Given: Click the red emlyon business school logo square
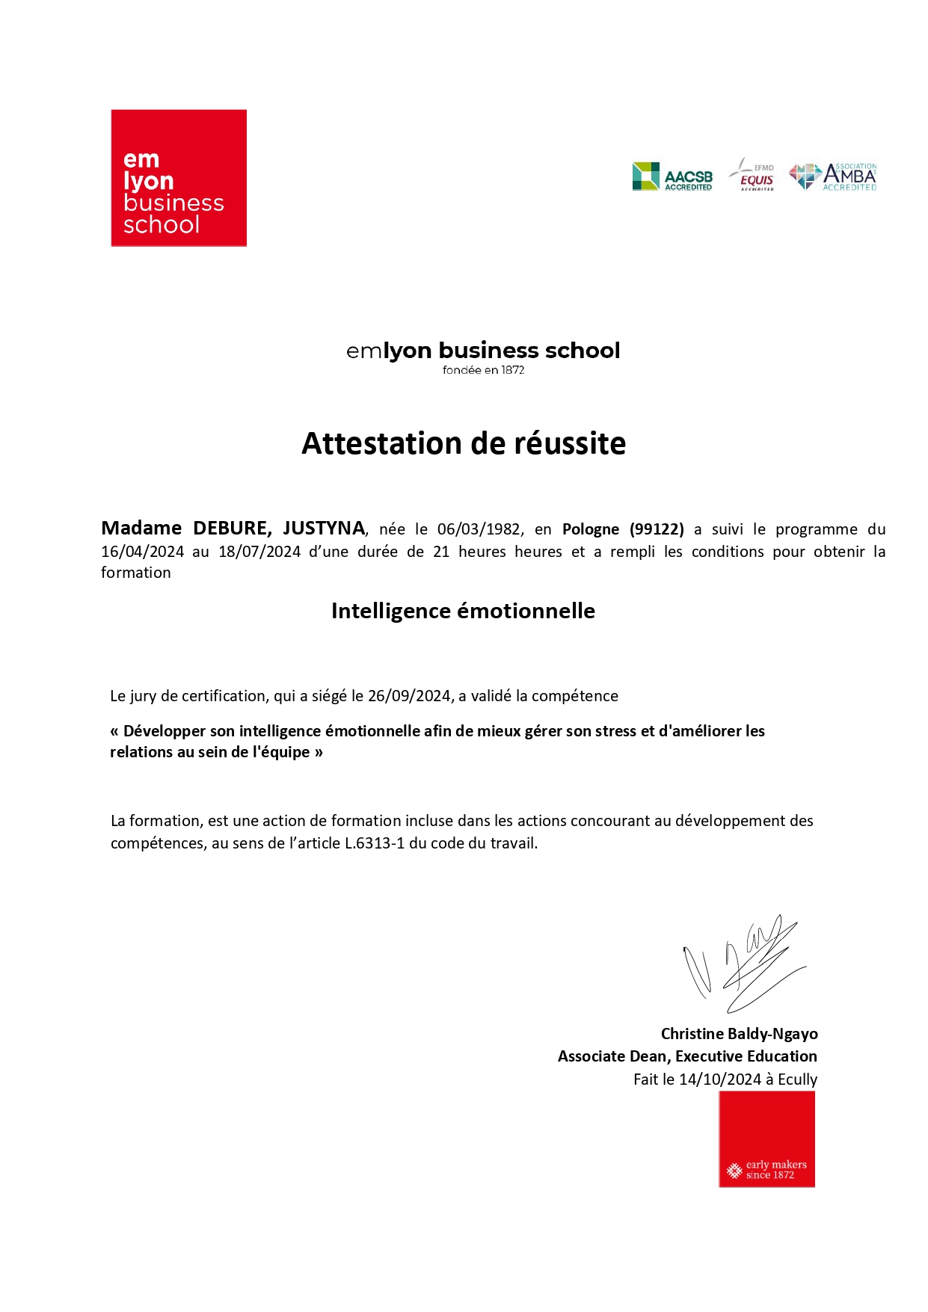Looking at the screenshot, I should coord(179,178).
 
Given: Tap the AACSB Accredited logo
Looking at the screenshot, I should coord(672,177).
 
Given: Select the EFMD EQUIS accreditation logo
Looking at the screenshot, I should coord(754,176).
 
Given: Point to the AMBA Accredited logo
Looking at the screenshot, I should coord(833,177).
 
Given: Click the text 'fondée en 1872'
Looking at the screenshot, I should coord(483,370).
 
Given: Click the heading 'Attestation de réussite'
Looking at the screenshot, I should coord(464,443).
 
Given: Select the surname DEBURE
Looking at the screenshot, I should coord(232,529).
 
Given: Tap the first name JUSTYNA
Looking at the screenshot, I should coord(324,529).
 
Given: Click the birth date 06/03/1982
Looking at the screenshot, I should coord(479,529).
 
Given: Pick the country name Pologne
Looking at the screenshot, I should coord(591,529).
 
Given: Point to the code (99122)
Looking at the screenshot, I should coord(657,529).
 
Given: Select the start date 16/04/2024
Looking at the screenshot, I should coord(142,552).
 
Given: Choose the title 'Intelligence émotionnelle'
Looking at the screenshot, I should coord(463,611).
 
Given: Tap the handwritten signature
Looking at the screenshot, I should coord(744,963).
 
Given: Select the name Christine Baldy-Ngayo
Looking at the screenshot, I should coord(739,1034).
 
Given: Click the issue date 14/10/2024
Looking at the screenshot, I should coord(719,1080).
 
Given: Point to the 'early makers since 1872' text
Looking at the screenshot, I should coord(775,1169).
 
